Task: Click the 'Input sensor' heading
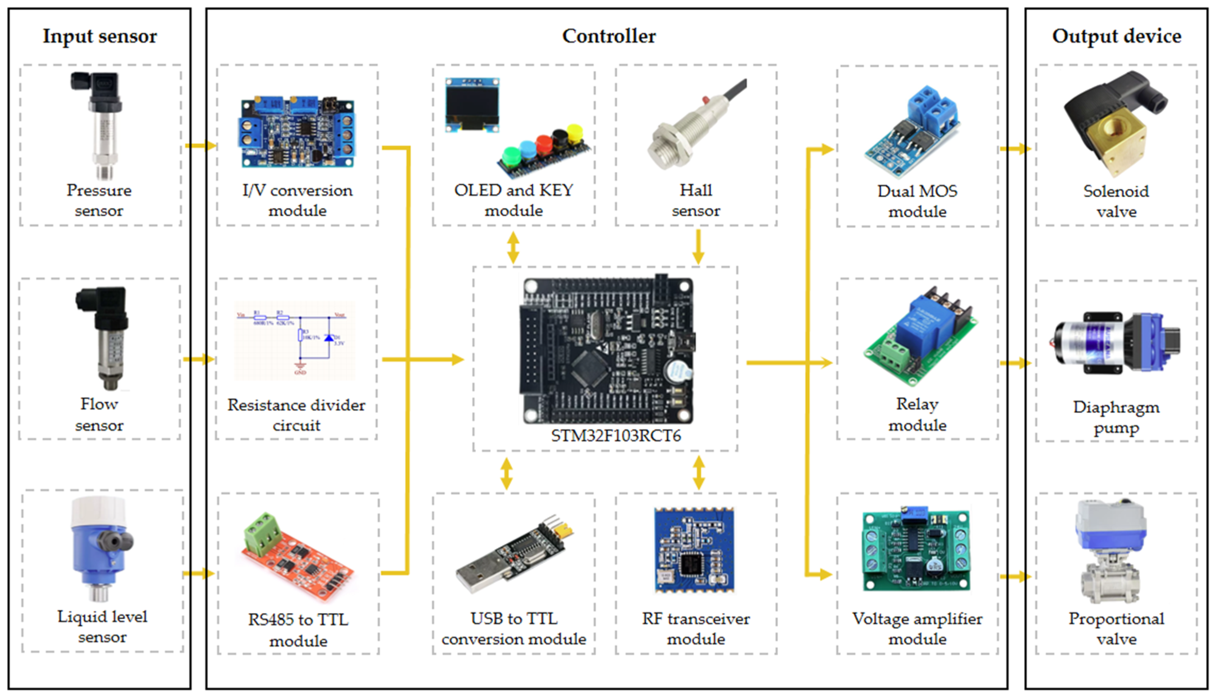100,36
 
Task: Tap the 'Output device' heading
1116,36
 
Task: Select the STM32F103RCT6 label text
616,436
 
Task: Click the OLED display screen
472,103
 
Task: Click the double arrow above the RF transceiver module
699,473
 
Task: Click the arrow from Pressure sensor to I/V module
200,145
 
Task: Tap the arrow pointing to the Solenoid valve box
1016,149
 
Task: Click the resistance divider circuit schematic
295,341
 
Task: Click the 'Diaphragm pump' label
1116,417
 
